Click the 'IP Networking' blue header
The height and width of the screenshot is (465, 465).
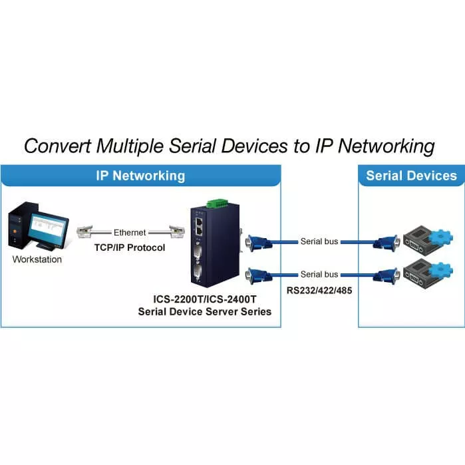click(x=140, y=176)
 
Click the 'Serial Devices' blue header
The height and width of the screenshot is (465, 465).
click(x=411, y=176)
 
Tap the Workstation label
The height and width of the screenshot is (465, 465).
click(x=37, y=259)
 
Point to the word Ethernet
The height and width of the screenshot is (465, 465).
click(x=130, y=233)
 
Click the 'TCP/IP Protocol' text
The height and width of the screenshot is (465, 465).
click(x=130, y=247)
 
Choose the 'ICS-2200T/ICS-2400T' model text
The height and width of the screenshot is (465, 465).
click(x=204, y=299)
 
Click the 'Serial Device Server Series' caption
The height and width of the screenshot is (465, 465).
click(x=204, y=311)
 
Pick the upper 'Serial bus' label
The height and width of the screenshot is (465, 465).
click(x=320, y=241)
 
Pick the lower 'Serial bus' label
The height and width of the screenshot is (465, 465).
click(x=320, y=274)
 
